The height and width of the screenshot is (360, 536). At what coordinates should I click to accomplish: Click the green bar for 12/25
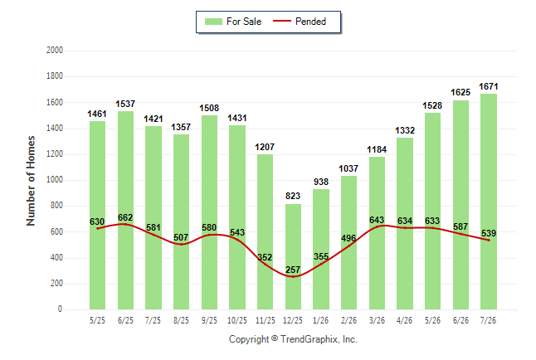coord(293,257)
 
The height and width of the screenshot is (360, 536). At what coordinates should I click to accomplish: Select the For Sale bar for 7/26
coord(489,202)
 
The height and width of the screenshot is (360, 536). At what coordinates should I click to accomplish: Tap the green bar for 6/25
coord(125,210)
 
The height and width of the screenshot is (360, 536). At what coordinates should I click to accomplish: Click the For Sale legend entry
coord(233,22)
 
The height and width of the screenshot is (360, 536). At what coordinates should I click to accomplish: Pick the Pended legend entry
coord(300,22)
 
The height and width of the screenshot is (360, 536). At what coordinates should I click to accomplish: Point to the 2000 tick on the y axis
coord(55,51)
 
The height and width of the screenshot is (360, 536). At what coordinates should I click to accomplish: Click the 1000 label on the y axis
coord(55,180)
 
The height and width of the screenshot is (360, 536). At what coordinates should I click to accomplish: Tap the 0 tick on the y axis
coord(61,309)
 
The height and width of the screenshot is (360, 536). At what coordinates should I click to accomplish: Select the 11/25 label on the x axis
coord(266,320)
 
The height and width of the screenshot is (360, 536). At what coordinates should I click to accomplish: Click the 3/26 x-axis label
coord(377,320)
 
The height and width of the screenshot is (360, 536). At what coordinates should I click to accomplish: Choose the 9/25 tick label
coord(209,320)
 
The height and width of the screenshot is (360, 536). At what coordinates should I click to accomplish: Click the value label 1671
coord(489,86)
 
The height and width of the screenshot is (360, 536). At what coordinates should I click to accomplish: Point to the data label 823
coord(293,196)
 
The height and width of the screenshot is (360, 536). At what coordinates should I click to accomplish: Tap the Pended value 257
coord(293,270)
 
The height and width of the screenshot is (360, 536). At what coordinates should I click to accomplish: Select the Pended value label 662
coord(125,217)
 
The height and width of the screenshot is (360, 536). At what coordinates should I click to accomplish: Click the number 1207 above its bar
coord(265,147)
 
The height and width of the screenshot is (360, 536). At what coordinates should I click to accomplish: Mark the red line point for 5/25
coord(97,228)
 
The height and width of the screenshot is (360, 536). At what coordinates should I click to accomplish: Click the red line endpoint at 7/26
coord(489,241)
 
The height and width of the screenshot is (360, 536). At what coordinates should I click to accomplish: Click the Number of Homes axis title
coord(31,181)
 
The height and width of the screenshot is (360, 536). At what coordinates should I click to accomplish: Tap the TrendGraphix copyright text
coord(293,339)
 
